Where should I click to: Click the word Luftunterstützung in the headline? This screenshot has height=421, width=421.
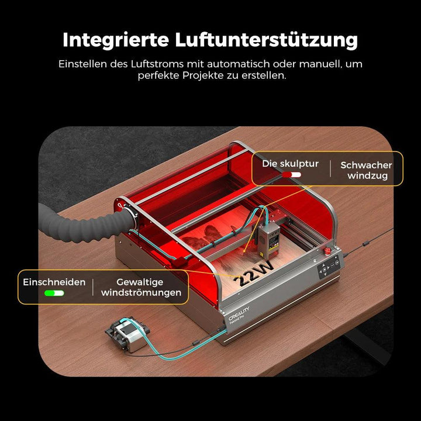(x=267, y=40)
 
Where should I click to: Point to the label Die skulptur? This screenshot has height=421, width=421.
(x=290, y=164)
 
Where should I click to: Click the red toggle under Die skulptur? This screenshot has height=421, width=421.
(x=291, y=174)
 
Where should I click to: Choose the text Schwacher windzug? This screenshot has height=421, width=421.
(x=367, y=170)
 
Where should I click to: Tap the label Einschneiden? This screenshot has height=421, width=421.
(x=54, y=282)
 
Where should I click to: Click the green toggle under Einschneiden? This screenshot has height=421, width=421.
(x=54, y=292)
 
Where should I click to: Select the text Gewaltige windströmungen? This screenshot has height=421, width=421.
(x=141, y=287)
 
